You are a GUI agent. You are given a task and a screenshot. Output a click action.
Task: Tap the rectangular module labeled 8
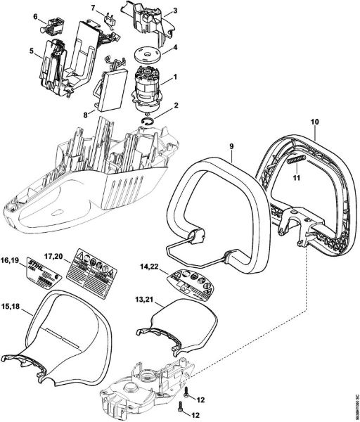click(x=108, y=91)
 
